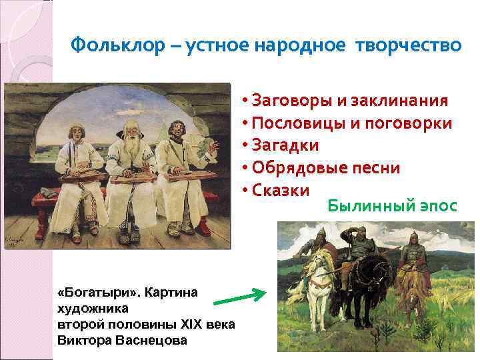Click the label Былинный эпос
point(392,206)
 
